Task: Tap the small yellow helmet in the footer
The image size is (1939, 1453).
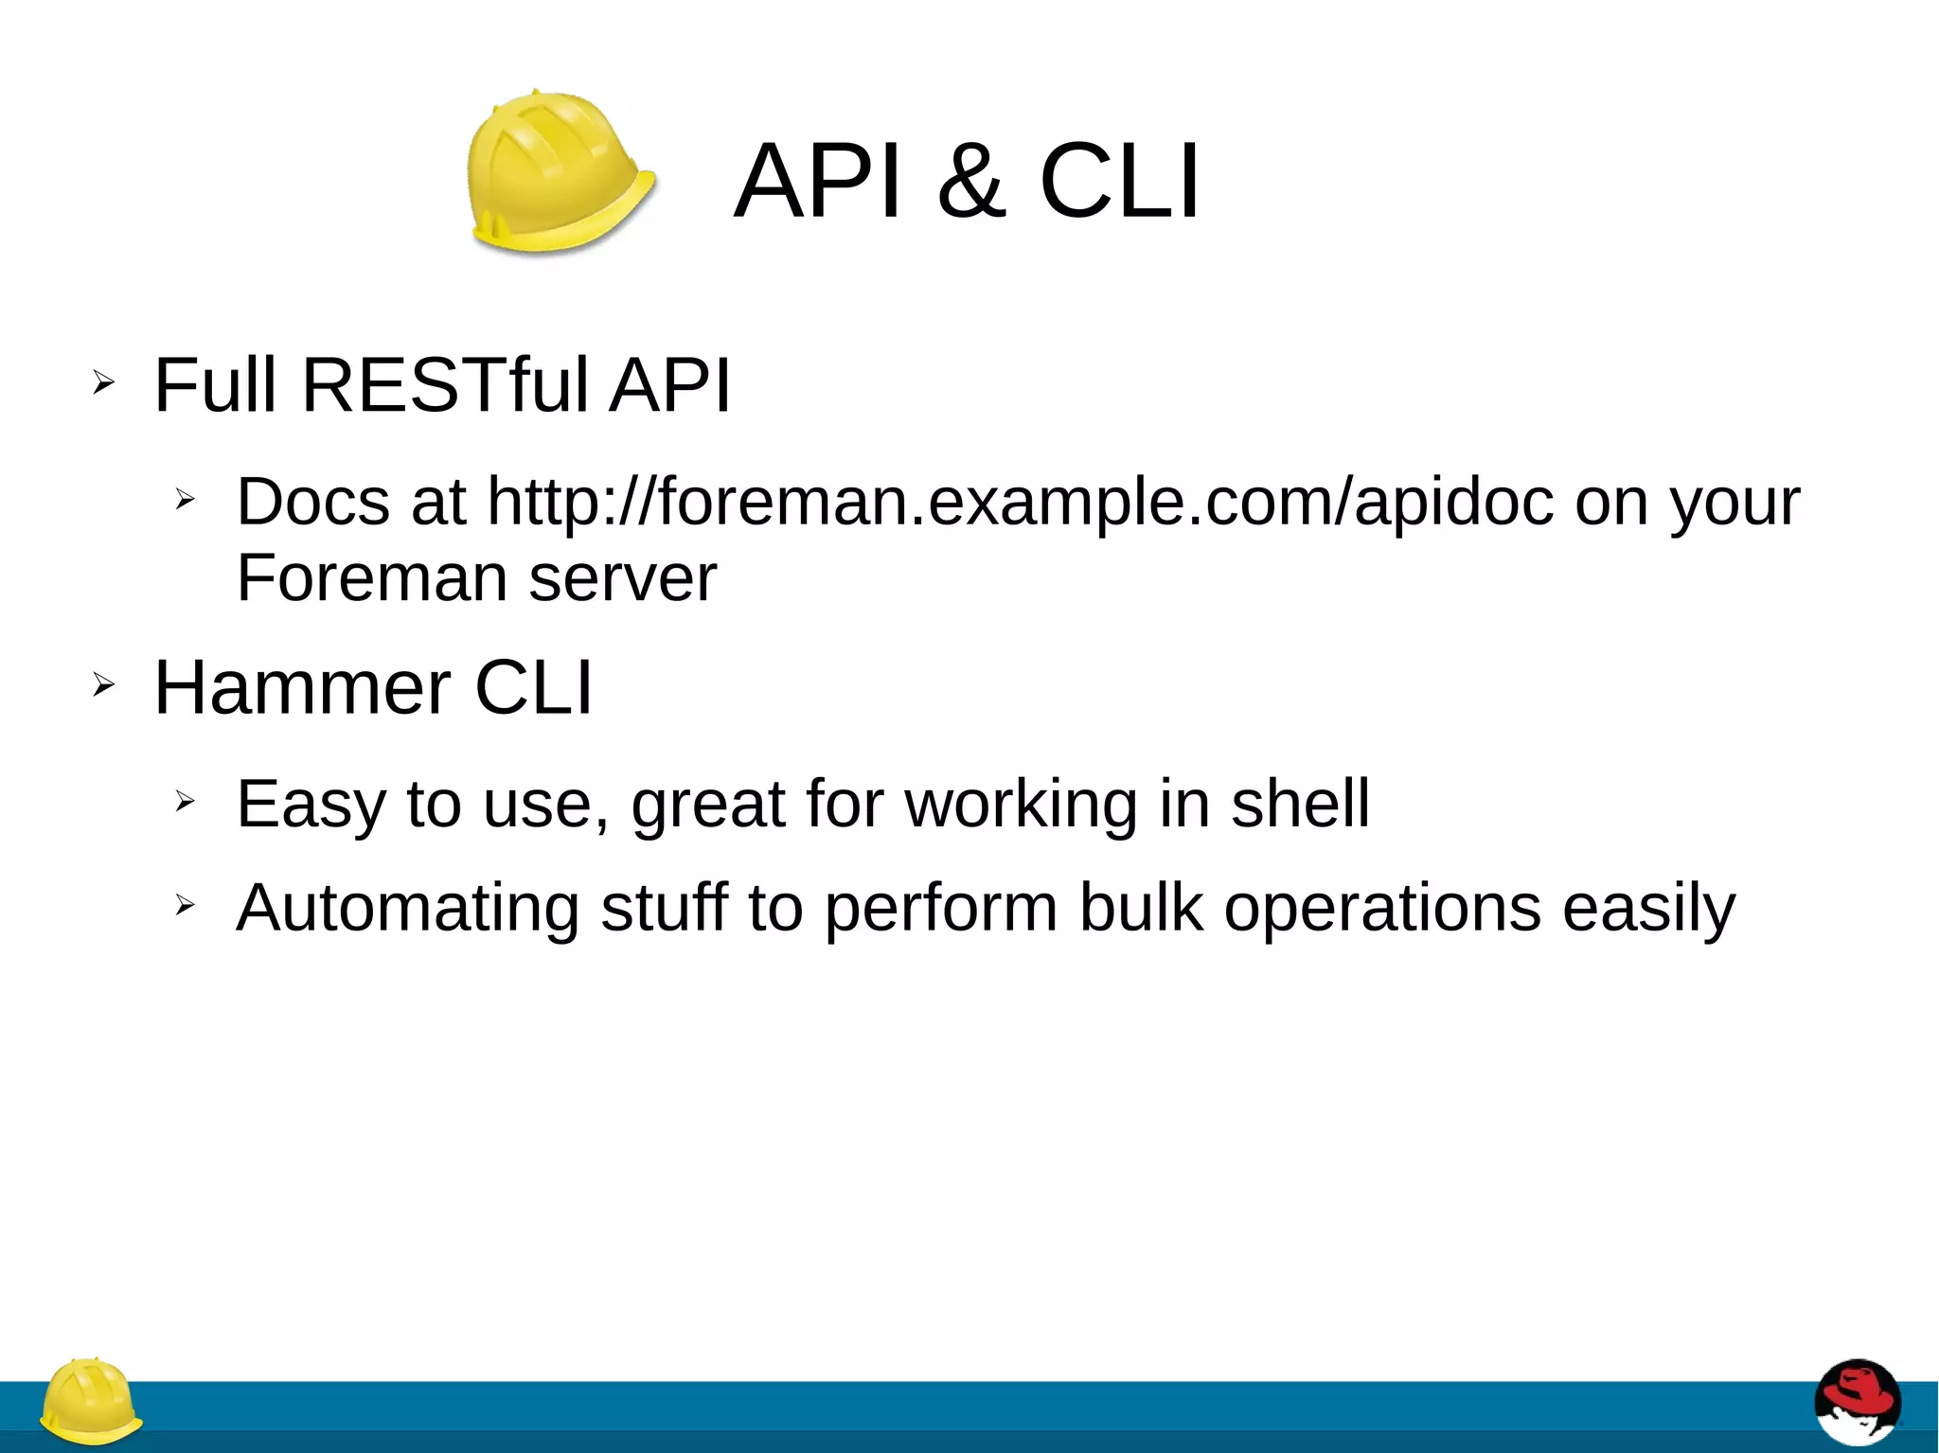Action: pyautogui.click(x=91, y=1401)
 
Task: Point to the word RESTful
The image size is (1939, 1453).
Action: pyautogui.click(x=445, y=385)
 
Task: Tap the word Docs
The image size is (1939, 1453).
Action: pyautogui.click(x=312, y=502)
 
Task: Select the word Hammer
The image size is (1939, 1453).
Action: pyautogui.click(x=302, y=687)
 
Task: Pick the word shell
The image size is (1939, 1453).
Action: pyautogui.click(x=1300, y=804)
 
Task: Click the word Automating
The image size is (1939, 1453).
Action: pyautogui.click(x=407, y=908)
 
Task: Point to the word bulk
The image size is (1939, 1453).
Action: pyautogui.click(x=1141, y=908)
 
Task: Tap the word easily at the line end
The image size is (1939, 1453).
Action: pyautogui.click(x=1648, y=908)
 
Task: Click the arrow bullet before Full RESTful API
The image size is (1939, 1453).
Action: pyautogui.click(x=103, y=383)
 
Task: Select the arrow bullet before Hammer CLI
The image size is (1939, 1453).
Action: pyautogui.click(x=103, y=684)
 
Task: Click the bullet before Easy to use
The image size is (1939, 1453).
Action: pyautogui.click(x=185, y=802)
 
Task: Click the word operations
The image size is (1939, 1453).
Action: pyautogui.click(x=1382, y=908)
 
